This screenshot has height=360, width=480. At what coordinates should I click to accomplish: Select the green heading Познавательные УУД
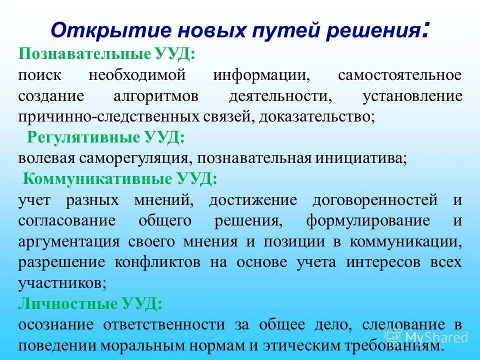tap(106, 54)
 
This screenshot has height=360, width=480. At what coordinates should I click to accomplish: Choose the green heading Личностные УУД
tap(90, 303)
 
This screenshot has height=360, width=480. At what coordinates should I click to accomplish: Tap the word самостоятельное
tap(400, 75)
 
